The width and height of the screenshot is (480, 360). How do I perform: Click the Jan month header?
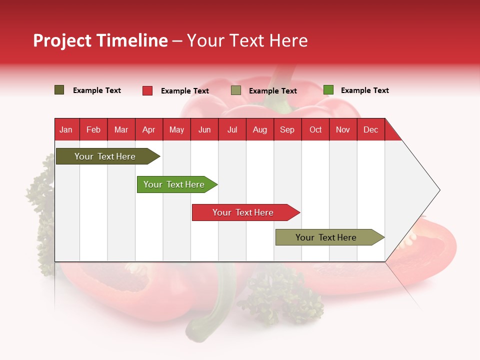[66, 129]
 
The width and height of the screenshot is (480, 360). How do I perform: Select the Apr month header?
[149, 129]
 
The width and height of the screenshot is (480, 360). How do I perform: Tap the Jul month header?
[232, 129]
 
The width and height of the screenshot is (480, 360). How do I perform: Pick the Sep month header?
[287, 129]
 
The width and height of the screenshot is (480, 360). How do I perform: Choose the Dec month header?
[370, 129]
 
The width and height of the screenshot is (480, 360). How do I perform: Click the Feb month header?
[93, 129]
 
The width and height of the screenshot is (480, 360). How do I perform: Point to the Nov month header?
[343, 129]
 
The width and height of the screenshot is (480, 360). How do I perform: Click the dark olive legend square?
[59, 90]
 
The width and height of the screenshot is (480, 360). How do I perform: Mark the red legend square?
[147, 90]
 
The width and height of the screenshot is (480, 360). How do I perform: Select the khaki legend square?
[236, 90]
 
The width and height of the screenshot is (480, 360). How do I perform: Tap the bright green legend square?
[328, 90]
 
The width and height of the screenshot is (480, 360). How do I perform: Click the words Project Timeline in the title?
[100, 40]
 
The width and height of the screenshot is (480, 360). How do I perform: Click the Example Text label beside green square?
[364, 90]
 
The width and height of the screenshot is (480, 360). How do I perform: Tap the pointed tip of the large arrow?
[438, 190]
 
